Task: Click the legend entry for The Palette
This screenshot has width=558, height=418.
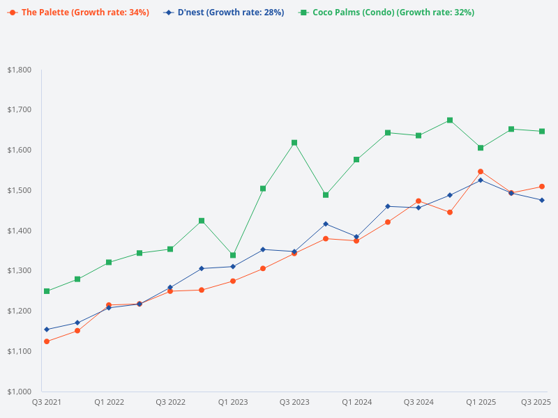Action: pos(78,13)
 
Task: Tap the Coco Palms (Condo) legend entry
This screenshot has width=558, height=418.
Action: pos(386,13)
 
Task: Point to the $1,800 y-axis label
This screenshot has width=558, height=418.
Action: pos(19,70)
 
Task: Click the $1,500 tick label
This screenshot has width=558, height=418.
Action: pos(19,190)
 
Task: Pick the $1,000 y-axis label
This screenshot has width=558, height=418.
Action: pos(19,391)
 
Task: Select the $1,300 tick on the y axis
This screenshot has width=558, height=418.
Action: pos(19,270)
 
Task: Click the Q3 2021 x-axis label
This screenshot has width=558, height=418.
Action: pos(47,402)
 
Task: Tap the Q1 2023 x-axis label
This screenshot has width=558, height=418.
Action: pos(233,402)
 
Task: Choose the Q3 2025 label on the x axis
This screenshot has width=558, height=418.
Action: pos(536,402)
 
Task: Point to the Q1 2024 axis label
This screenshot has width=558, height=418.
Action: pos(356,402)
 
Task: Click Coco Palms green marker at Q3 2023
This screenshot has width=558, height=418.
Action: pos(294,143)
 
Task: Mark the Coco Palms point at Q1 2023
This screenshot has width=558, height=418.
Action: pos(233,255)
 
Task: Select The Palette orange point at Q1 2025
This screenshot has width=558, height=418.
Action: pos(481,171)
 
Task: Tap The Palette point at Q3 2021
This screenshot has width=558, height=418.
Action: pos(47,341)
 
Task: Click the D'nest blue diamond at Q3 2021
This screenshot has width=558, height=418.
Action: pos(47,330)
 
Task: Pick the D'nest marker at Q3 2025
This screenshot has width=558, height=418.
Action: pos(542,200)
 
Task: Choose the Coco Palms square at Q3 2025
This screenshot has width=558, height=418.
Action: pos(542,131)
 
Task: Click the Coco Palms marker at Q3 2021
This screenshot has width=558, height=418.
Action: pos(47,291)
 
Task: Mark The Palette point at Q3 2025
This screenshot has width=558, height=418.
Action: pos(542,187)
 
